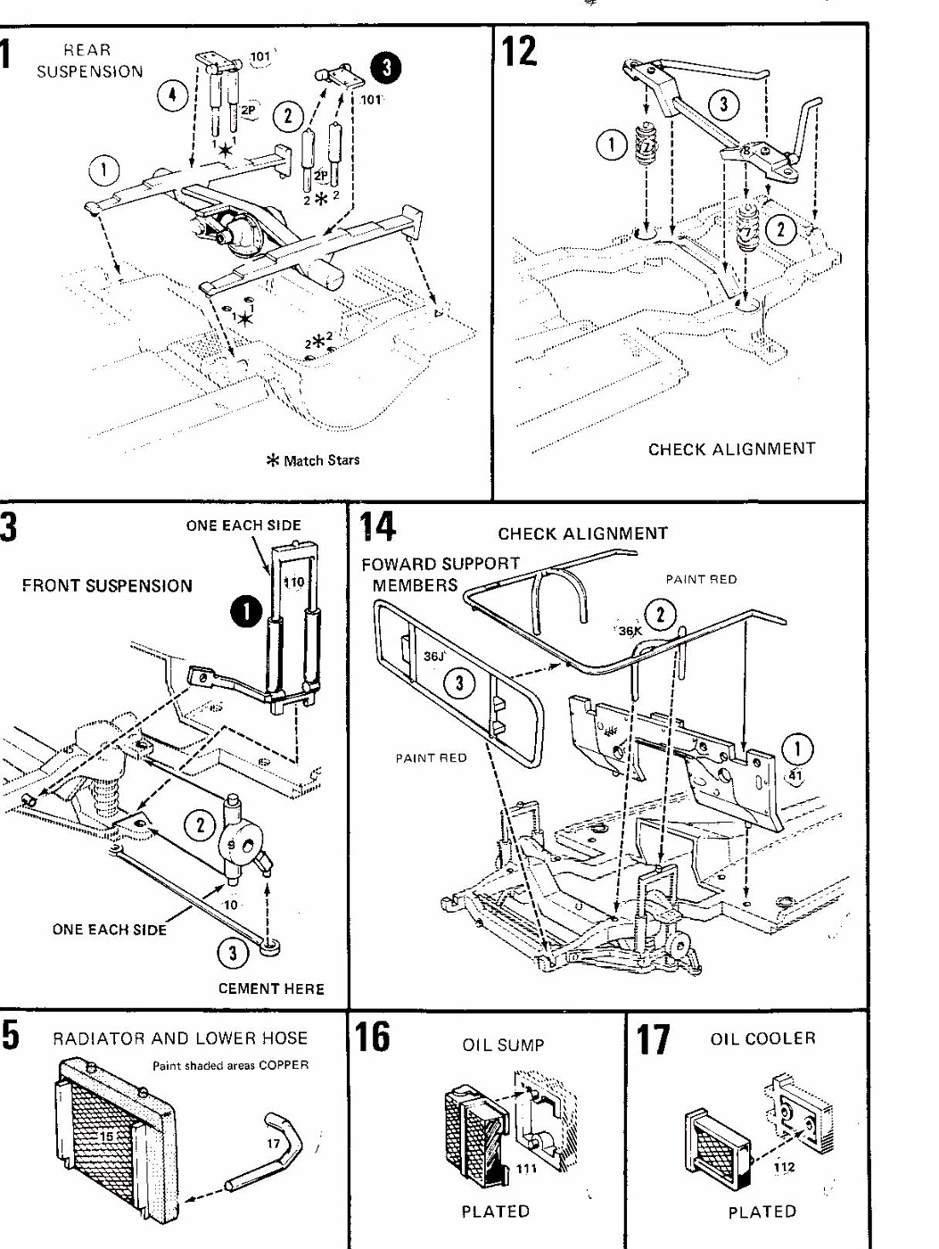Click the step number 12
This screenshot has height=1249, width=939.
[x=520, y=52]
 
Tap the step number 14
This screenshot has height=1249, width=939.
[x=377, y=526]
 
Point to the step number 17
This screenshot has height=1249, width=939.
[x=652, y=1039]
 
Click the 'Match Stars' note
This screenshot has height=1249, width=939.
[x=314, y=460]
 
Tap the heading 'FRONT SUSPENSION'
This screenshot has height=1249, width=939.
[x=107, y=586]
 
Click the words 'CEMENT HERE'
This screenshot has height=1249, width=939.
[x=271, y=988]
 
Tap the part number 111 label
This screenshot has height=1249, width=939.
[x=527, y=1169]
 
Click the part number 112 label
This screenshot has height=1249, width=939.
[x=785, y=1167]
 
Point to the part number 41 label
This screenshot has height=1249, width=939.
[x=795, y=776]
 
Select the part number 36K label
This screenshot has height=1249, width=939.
[x=630, y=631]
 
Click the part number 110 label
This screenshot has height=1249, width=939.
[x=293, y=583]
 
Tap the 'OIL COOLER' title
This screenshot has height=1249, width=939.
[x=762, y=1038]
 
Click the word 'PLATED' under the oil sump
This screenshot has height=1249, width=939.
[x=495, y=1212]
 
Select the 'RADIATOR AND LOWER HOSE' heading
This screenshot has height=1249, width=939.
[x=180, y=1038]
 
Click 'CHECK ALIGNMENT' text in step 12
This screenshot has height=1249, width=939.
[x=731, y=449]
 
